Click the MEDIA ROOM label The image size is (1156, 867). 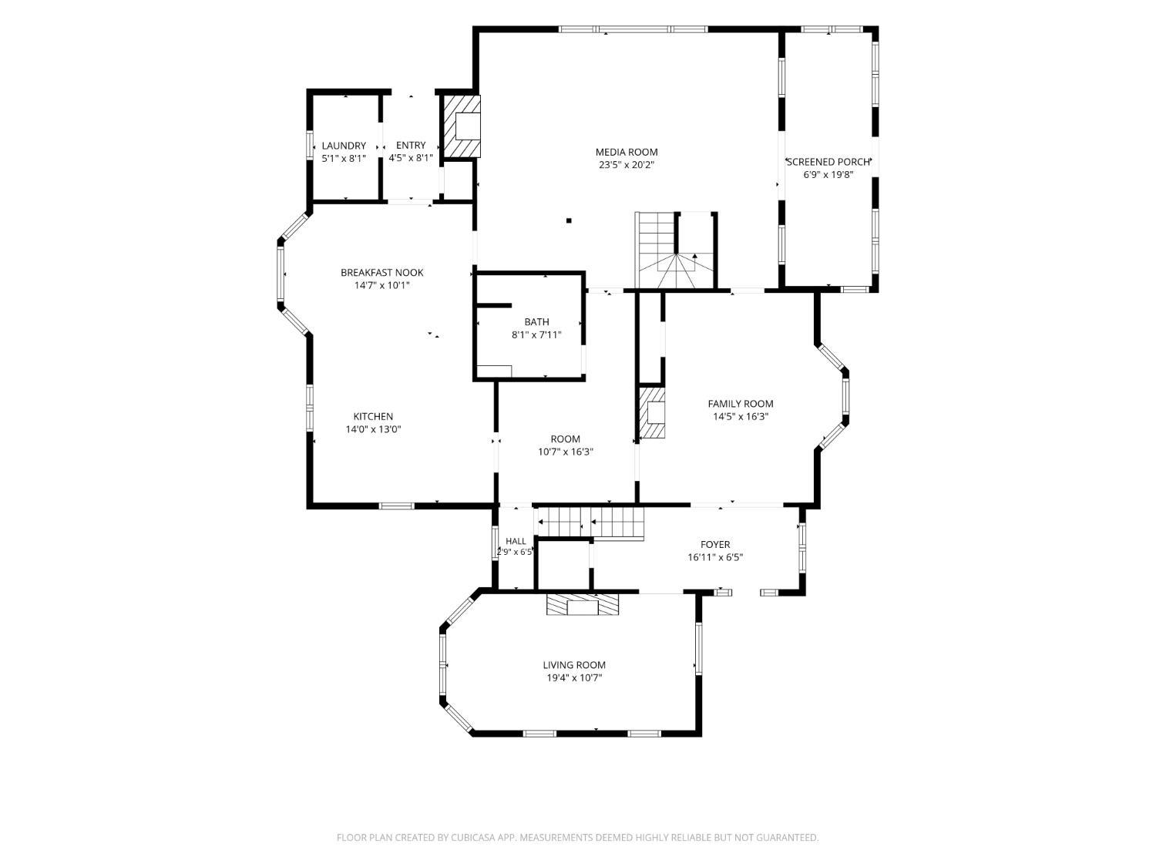pyautogui.click(x=627, y=152)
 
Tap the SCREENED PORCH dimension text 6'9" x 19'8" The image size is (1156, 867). pyautogui.click(x=828, y=175)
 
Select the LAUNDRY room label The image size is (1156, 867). pyautogui.click(x=344, y=146)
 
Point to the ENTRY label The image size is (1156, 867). pyautogui.click(x=410, y=146)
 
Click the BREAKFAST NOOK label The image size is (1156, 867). pyautogui.click(x=381, y=273)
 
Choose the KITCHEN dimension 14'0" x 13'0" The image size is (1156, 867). pyautogui.click(x=373, y=429)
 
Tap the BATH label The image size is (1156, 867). pyautogui.click(x=536, y=321)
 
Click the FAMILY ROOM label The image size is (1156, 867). pyautogui.click(x=741, y=404)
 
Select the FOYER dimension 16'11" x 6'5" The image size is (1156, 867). pyautogui.click(x=715, y=557)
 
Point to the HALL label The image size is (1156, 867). pyautogui.click(x=516, y=541)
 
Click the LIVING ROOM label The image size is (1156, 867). pyautogui.click(x=574, y=665)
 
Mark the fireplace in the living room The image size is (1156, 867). pyautogui.click(x=583, y=605)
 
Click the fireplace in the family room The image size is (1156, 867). pyautogui.click(x=651, y=414)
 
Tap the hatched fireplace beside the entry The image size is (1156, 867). pyautogui.click(x=462, y=126)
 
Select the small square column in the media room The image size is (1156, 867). pyautogui.click(x=569, y=220)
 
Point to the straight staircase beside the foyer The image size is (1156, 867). pyautogui.click(x=590, y=523)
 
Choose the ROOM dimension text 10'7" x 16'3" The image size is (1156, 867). pyautogui.click(x=565, y=452)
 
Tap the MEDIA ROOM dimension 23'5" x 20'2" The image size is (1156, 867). pyautogui.click(x=627, y=165)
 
